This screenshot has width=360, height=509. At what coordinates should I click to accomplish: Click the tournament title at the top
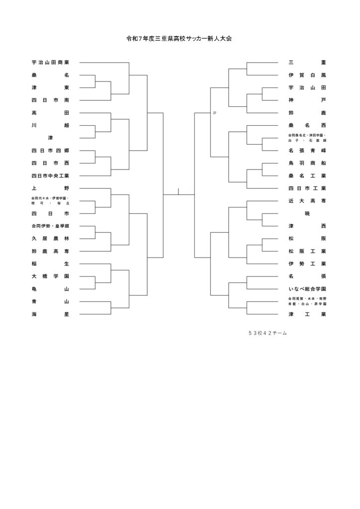(180, 38)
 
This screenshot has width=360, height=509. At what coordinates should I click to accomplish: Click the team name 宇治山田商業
(50, 63)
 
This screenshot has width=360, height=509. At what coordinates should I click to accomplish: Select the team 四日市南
(50, 100)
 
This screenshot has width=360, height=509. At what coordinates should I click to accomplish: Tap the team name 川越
(50, 125)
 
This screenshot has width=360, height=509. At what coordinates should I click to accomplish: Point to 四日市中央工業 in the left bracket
(50, 175)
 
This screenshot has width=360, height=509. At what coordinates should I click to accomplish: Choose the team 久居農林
(50, 239)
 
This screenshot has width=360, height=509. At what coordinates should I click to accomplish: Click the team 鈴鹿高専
(50, 251)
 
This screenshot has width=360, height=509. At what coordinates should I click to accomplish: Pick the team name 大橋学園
(50, 276)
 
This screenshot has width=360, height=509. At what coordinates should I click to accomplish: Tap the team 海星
(50, 314)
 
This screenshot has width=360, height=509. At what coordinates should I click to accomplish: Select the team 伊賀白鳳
(307, 75)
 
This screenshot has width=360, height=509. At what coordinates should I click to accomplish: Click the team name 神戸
(307, 100)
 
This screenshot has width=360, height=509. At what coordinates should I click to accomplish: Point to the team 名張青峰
(307, 150)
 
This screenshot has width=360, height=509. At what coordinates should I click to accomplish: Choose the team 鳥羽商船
(307, 163)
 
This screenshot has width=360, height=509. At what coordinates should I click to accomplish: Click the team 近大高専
(307, 201)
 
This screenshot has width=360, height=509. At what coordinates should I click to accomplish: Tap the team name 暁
(307, 213)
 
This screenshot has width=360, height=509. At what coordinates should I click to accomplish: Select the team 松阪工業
(307, 251)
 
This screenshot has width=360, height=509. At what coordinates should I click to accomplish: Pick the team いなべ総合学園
(307, 289)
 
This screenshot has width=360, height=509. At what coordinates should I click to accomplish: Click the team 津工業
(307, 314)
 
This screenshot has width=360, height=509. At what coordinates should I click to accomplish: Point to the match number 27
(214, 113)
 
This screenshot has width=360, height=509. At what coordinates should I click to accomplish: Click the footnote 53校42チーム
(268, 333)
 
